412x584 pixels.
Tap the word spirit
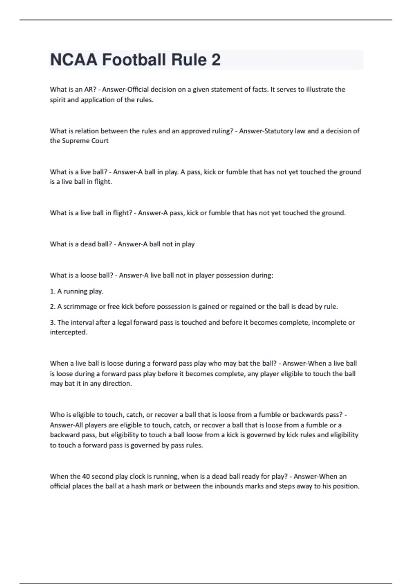58,100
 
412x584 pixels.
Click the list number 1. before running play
53,291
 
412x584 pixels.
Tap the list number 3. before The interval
53,322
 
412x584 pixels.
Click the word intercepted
69,332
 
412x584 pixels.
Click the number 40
86,476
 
